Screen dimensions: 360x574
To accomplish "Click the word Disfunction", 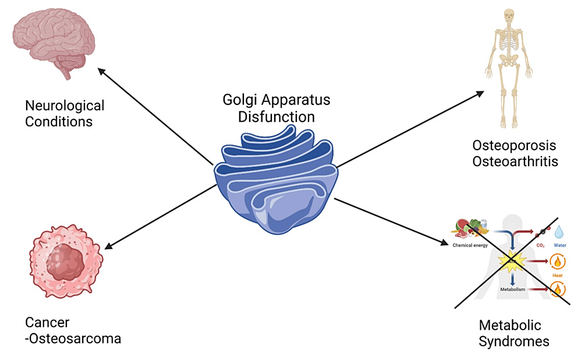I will tap(276, 117).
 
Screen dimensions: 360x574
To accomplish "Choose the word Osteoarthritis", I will tap(515, 161).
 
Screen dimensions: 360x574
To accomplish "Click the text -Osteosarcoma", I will tap(73, 338).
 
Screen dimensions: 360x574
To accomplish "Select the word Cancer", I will tap(47, 322).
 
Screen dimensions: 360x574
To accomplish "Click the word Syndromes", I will tap(513, 341).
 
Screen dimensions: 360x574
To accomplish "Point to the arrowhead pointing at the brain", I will tap(101, 70).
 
